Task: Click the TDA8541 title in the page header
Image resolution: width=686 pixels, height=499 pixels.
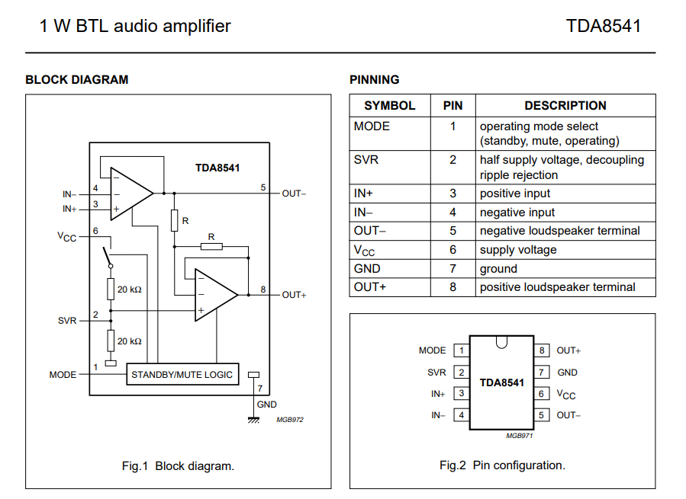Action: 603,26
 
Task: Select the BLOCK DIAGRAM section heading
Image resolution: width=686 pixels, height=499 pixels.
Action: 76,79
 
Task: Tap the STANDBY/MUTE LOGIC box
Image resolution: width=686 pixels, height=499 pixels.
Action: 182,374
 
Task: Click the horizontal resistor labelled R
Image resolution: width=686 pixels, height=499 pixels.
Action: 211,245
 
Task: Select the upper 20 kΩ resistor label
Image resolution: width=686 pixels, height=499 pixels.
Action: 129,289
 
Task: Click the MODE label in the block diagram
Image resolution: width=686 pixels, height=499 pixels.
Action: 63,375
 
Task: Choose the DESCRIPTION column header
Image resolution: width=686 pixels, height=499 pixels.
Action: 565,106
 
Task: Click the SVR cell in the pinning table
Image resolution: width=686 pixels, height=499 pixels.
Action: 366,160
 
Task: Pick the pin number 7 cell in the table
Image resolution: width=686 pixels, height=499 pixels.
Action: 453,268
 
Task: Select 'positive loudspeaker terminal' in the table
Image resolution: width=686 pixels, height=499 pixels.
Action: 557,287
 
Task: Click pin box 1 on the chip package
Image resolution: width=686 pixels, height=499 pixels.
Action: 460,350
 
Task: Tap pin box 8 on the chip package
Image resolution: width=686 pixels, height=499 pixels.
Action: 541,350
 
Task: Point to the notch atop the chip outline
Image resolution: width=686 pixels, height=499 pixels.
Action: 501,341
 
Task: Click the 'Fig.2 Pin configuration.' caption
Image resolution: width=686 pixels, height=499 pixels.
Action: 502,465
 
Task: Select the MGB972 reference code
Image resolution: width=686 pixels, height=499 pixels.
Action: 290,420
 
